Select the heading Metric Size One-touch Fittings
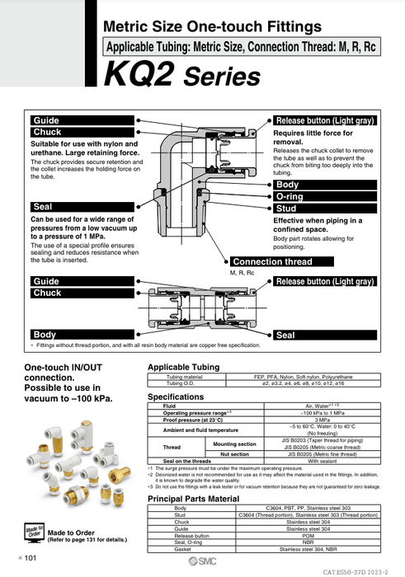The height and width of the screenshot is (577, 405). pyautogui.click(x=212, y=27)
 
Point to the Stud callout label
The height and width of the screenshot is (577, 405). pyautogui.click(x=285, y=209)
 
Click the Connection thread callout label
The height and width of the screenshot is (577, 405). pyautogui.click(x=273, y=262)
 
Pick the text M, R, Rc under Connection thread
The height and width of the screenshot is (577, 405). pyautogui.click(x=243, y=272)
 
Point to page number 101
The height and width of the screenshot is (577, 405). pyautogui.click(x=30, y=559)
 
